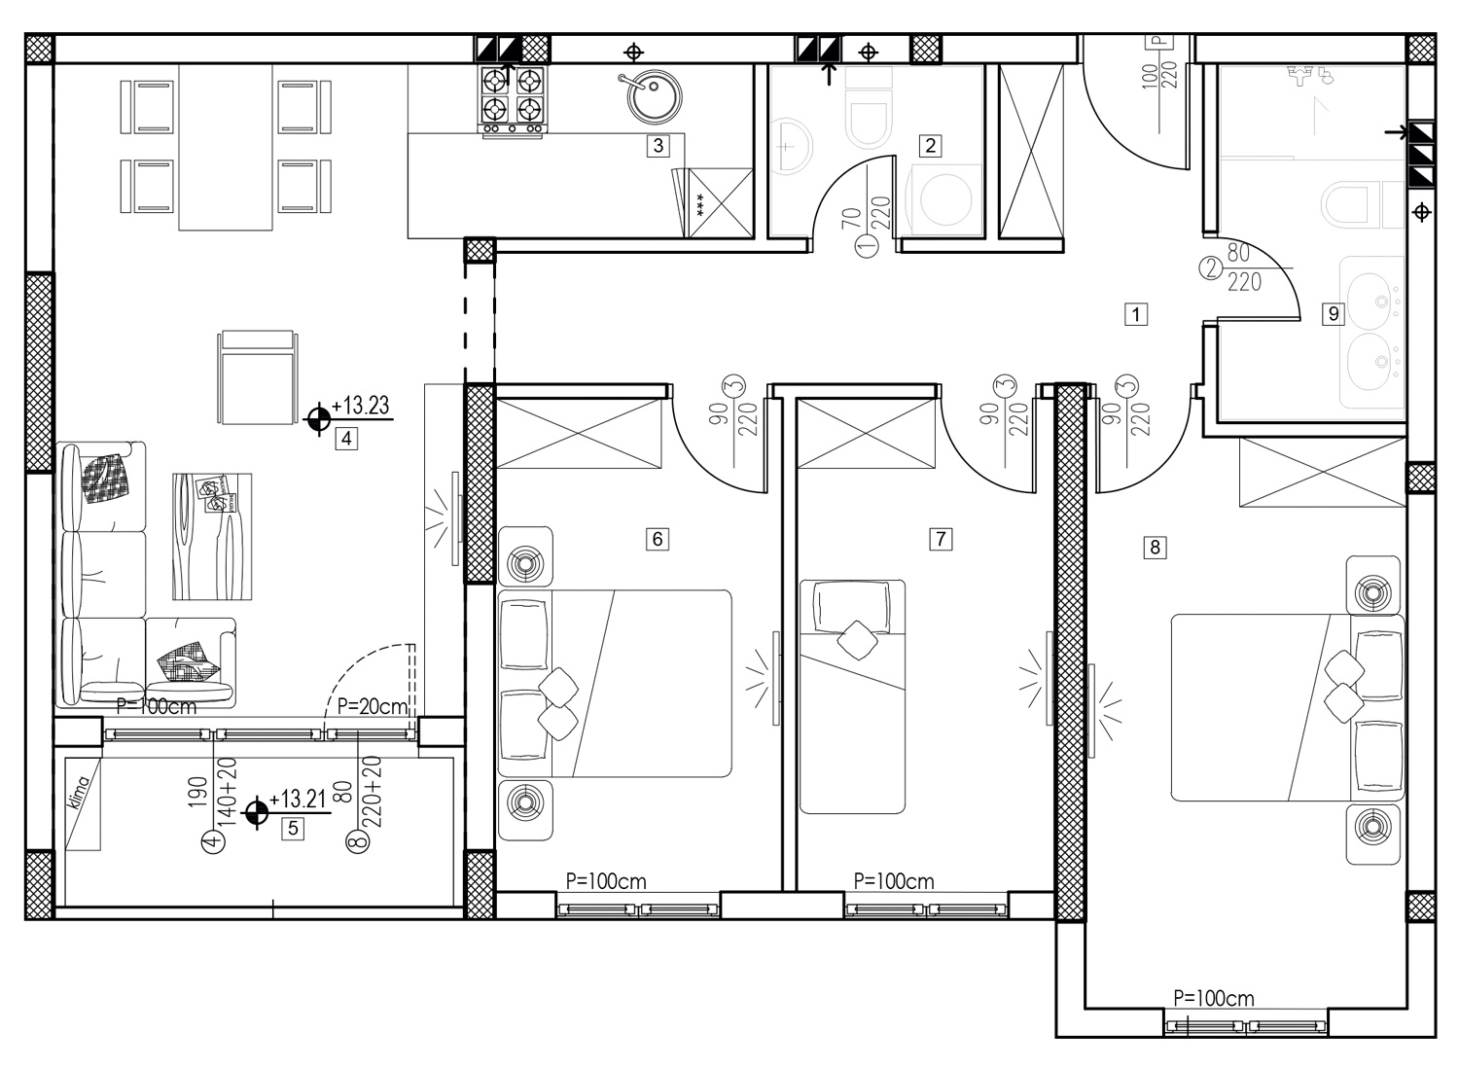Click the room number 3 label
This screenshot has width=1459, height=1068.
[x=658, y=146]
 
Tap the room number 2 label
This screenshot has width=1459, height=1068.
[x=930, y=146]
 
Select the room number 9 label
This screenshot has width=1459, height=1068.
[x=1334, y=314]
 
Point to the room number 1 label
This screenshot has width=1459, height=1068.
[x=1136, y=314]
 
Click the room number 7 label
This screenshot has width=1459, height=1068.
[x=941, y=539]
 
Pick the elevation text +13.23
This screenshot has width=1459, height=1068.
[x=360, y=405]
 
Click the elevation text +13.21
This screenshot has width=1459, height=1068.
[x=297, y=799]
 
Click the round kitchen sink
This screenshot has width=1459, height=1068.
[x=654, y=96]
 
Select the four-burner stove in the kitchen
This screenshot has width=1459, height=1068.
[x=513, y=101]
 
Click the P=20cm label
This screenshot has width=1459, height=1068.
[x=373, y=706]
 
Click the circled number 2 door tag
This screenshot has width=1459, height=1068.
[x=1211, y=268]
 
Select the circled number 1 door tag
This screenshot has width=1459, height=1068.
[x=867, y=245]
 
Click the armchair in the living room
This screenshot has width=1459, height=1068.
[x=258, y=377]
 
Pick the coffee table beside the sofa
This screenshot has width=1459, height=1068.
[x=212, y=536]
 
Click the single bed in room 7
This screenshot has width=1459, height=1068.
[x=852, y=696]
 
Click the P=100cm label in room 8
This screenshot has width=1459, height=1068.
[x=1214, y=998]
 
